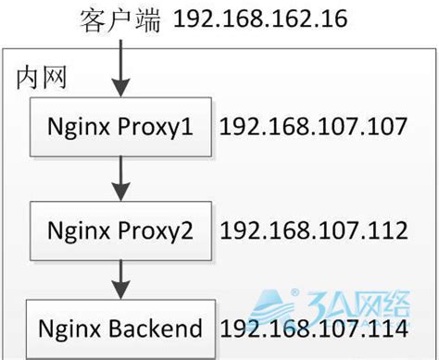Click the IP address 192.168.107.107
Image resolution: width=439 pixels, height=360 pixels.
click(x=313, y=127)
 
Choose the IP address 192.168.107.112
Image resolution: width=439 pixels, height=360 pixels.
click(x=313, y=228)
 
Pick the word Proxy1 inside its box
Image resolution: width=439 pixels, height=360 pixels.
click(x=154, y=128)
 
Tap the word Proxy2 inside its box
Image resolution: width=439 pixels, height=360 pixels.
click(x=154, y=228)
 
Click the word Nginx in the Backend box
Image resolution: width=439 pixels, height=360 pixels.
click(x=70, y=329)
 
